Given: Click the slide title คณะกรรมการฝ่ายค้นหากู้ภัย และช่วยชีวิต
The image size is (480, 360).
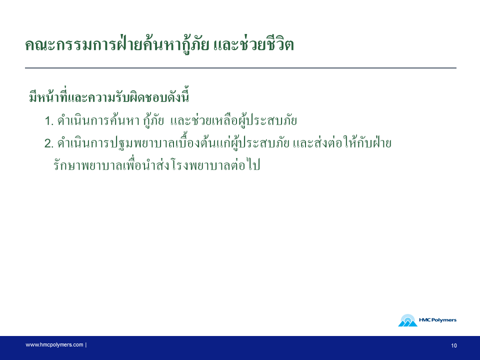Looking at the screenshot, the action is (159, 45).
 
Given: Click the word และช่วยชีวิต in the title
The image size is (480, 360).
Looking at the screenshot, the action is (253, 44).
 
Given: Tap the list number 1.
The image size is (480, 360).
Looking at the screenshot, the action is (49, 121).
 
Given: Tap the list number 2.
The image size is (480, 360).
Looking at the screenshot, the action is (49, 143).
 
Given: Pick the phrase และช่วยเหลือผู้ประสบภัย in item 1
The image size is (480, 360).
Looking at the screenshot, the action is (233, 120).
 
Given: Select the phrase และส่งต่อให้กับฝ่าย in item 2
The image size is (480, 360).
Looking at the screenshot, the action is (342, 142).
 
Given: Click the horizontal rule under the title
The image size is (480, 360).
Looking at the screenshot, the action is (240, 68).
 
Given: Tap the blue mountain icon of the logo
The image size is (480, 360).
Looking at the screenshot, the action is (407, 321).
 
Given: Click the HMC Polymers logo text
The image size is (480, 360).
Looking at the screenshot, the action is (437, 320).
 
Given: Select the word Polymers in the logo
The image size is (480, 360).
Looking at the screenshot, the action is (443, 320).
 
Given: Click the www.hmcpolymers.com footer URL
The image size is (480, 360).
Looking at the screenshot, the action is (54, 345).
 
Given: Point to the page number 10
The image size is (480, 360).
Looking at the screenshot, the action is (453, 345).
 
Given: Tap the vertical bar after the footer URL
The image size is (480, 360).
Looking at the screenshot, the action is (86, 345).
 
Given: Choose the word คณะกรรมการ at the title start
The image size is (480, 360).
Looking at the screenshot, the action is (70, 45).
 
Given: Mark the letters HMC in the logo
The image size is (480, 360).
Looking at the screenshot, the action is (424, 320).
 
